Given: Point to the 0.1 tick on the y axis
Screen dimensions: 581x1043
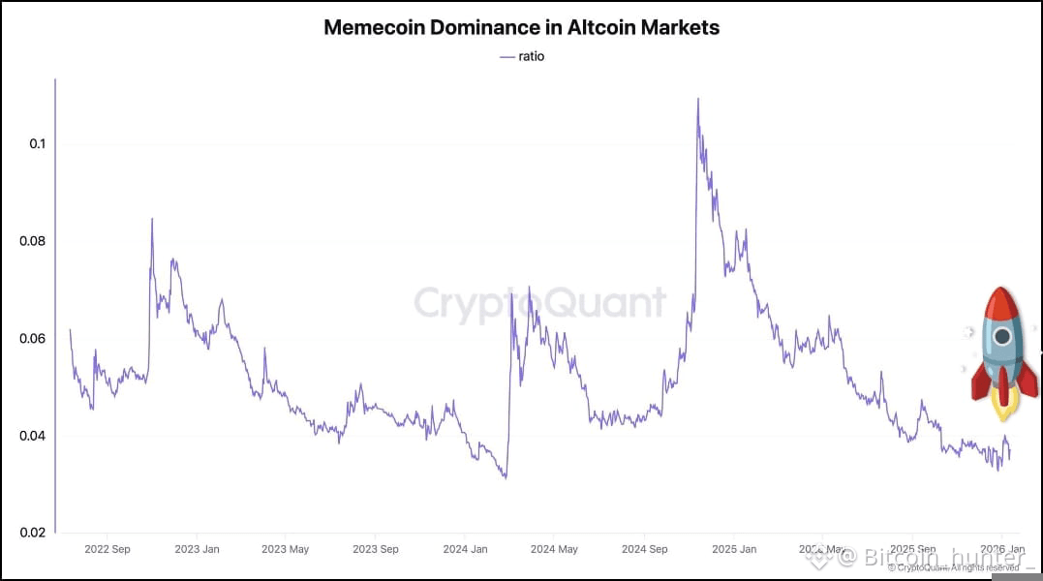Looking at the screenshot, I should click(37, 144).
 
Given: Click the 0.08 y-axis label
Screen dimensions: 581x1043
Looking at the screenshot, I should click(32, 241).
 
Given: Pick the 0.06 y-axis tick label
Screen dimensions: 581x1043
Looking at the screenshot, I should click(32, 339).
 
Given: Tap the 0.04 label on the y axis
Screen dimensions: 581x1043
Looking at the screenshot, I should click(32, 436).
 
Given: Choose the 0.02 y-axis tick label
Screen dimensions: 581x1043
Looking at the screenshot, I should click(32, 533).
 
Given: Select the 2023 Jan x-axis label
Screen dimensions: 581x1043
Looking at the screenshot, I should click(197, 549).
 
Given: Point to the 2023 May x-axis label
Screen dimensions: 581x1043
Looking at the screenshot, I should click(285, 549).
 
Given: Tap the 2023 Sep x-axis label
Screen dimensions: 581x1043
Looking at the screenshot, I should click(375, 549).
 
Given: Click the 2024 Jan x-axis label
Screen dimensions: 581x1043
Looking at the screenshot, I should click(464, 549).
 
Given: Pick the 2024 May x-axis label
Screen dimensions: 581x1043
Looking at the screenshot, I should click(554, 549).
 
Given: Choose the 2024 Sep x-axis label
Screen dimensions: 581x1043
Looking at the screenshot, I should click(644, 549).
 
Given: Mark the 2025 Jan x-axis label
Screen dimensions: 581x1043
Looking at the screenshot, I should click(733, 549).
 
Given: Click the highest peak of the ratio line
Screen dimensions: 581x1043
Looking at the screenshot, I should click(697, 99).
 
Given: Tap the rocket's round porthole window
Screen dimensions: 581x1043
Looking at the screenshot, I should click(1002, 337).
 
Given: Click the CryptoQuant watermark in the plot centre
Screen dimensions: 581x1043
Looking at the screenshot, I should click(540, 303).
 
